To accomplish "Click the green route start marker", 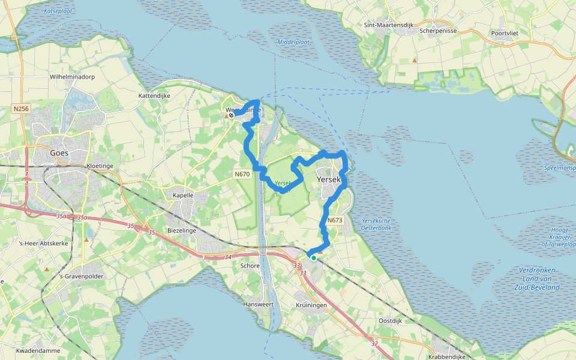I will (313, 257).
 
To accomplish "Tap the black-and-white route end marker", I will (230, 115).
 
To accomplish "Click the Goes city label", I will (59, 153).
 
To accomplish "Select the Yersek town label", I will (328, 179).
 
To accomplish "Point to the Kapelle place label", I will (183, 196).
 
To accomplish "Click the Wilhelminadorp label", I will (73, 77).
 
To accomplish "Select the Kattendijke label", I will (155, 95).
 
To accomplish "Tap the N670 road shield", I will (242, 175).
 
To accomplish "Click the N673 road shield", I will (335, 220).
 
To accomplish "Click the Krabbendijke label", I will (446, 356).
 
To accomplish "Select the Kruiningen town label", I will (311, 305).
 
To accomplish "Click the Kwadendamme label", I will (36, 350).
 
